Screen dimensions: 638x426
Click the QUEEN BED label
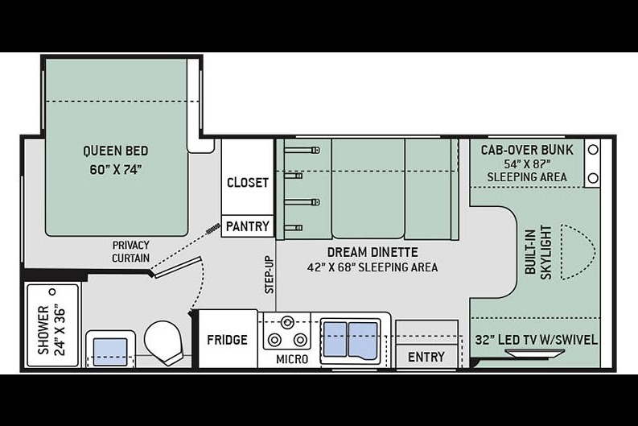116,151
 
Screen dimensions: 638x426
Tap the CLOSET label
248,183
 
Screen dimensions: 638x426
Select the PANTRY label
248,226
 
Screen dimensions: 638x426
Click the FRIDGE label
227,340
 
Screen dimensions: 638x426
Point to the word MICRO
292,359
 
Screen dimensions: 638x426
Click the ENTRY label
426,357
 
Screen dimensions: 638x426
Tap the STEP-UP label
270,275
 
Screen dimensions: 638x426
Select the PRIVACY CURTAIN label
130,252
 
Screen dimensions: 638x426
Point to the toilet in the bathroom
163,341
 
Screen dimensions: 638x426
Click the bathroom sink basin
110,352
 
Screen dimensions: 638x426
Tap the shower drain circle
52,292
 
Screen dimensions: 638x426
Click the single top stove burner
288,323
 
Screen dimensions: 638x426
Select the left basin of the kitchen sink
335,341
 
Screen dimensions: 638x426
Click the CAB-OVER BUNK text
527,150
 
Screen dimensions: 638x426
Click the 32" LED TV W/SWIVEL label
537,340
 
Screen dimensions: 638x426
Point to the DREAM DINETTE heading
373,252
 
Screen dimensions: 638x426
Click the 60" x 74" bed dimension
116,169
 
